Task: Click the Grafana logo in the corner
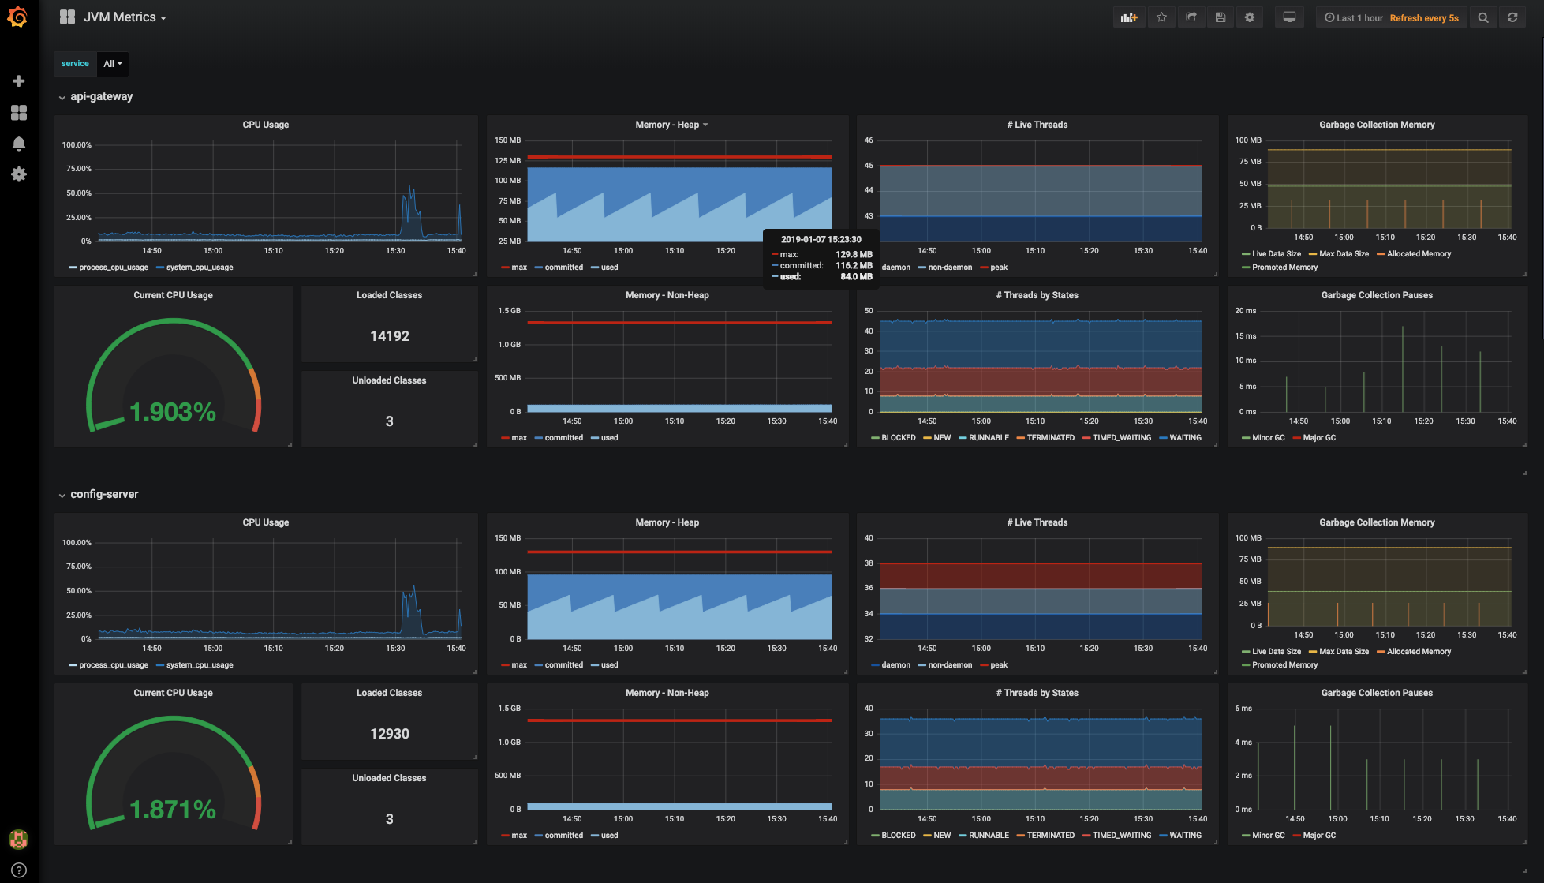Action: click(17, 17)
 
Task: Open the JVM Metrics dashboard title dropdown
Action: click(124, 17)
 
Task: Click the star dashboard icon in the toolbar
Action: click(1161, 17)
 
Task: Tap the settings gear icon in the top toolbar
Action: click(1250, 17)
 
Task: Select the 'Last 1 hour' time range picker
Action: click(1354, 18)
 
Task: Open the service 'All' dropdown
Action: click(113, 64)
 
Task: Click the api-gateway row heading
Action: click(102, 97)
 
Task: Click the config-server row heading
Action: click(104, 495)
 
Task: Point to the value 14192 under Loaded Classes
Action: click(390, 336)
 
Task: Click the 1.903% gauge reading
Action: click(173, 411)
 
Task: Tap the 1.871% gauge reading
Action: click(173, 809)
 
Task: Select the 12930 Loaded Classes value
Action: click(390, 734)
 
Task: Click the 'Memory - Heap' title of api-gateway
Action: click(667, 125)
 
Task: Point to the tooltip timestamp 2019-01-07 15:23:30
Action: click(821, 240)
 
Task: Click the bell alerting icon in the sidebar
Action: click(19, 144)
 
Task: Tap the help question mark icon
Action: click(19, 870)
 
